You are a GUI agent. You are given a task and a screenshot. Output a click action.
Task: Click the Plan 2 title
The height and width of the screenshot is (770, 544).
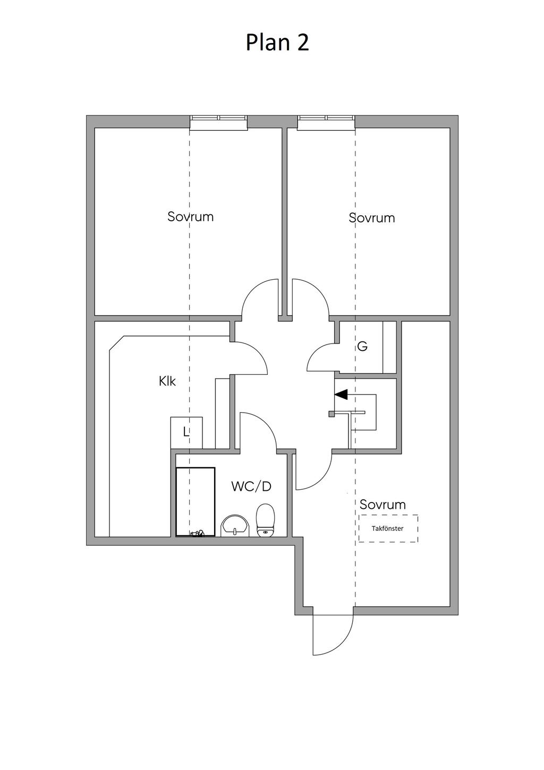[277, 43]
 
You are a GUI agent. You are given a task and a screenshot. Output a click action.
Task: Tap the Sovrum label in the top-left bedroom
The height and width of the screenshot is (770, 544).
[191, 216]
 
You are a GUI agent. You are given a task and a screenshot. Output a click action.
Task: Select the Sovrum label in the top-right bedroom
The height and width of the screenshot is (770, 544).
[371, 217]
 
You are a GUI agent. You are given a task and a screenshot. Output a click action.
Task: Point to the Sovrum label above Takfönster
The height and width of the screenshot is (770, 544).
[382, 505]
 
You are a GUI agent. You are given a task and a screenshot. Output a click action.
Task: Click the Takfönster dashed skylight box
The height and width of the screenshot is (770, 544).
[388, 529]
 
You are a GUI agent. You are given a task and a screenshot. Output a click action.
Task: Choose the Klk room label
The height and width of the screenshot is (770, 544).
[167, 381]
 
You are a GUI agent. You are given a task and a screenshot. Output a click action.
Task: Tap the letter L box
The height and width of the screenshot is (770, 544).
[186, 432]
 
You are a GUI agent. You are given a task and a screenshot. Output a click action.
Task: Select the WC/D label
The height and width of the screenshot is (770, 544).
[251, 487]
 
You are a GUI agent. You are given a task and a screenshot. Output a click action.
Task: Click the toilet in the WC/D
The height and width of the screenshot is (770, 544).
[266, 520]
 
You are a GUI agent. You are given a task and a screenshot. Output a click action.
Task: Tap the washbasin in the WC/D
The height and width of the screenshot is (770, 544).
[235, 525]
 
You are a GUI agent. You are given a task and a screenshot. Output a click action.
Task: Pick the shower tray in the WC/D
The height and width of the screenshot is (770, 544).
[195, 501]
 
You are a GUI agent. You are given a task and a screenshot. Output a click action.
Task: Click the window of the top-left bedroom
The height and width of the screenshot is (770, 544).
[219, 123]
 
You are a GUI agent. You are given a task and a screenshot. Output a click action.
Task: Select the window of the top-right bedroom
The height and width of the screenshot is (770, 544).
[326, 123]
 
